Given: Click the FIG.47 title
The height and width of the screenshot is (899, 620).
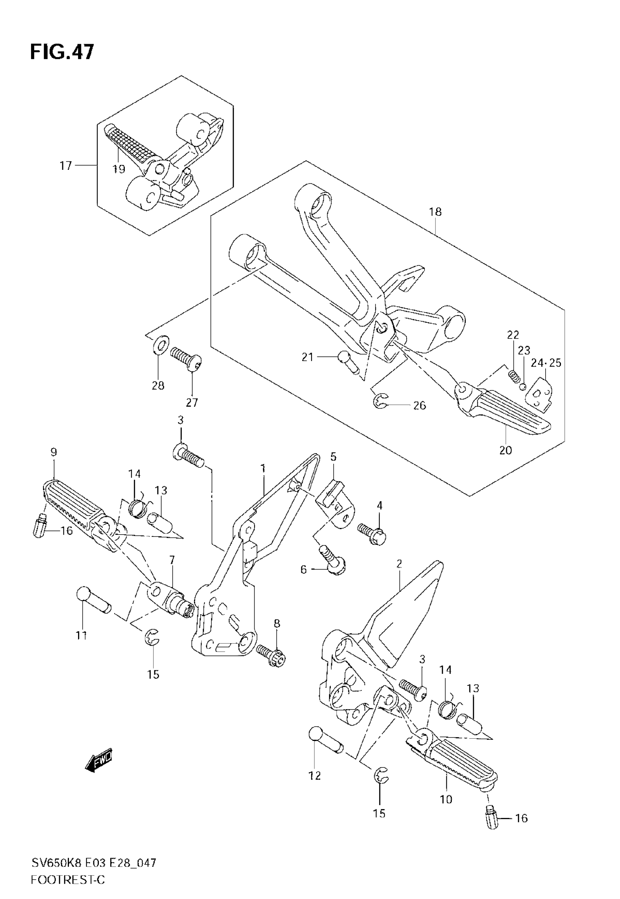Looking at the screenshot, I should pyautogui.click(x=62, y=52).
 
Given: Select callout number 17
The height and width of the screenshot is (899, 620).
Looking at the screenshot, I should pyautogui.click(x=66, y=166).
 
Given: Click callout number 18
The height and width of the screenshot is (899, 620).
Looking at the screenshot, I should pyautogui.click(x=435, y=212).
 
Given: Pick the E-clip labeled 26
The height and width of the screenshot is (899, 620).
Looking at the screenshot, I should pyautogui.click(x=381, y=401).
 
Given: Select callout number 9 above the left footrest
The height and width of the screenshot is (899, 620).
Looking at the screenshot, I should pyautogui.click(x=54, y=452).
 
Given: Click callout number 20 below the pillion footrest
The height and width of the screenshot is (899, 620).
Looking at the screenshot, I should pyautogui.click(x=505, y=450).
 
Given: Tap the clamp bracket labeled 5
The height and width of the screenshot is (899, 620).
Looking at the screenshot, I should pyautogui.click(x=335, y=505).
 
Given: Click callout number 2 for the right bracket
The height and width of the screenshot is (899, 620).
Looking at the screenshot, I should pyautogui.click(x=399, y=564).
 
